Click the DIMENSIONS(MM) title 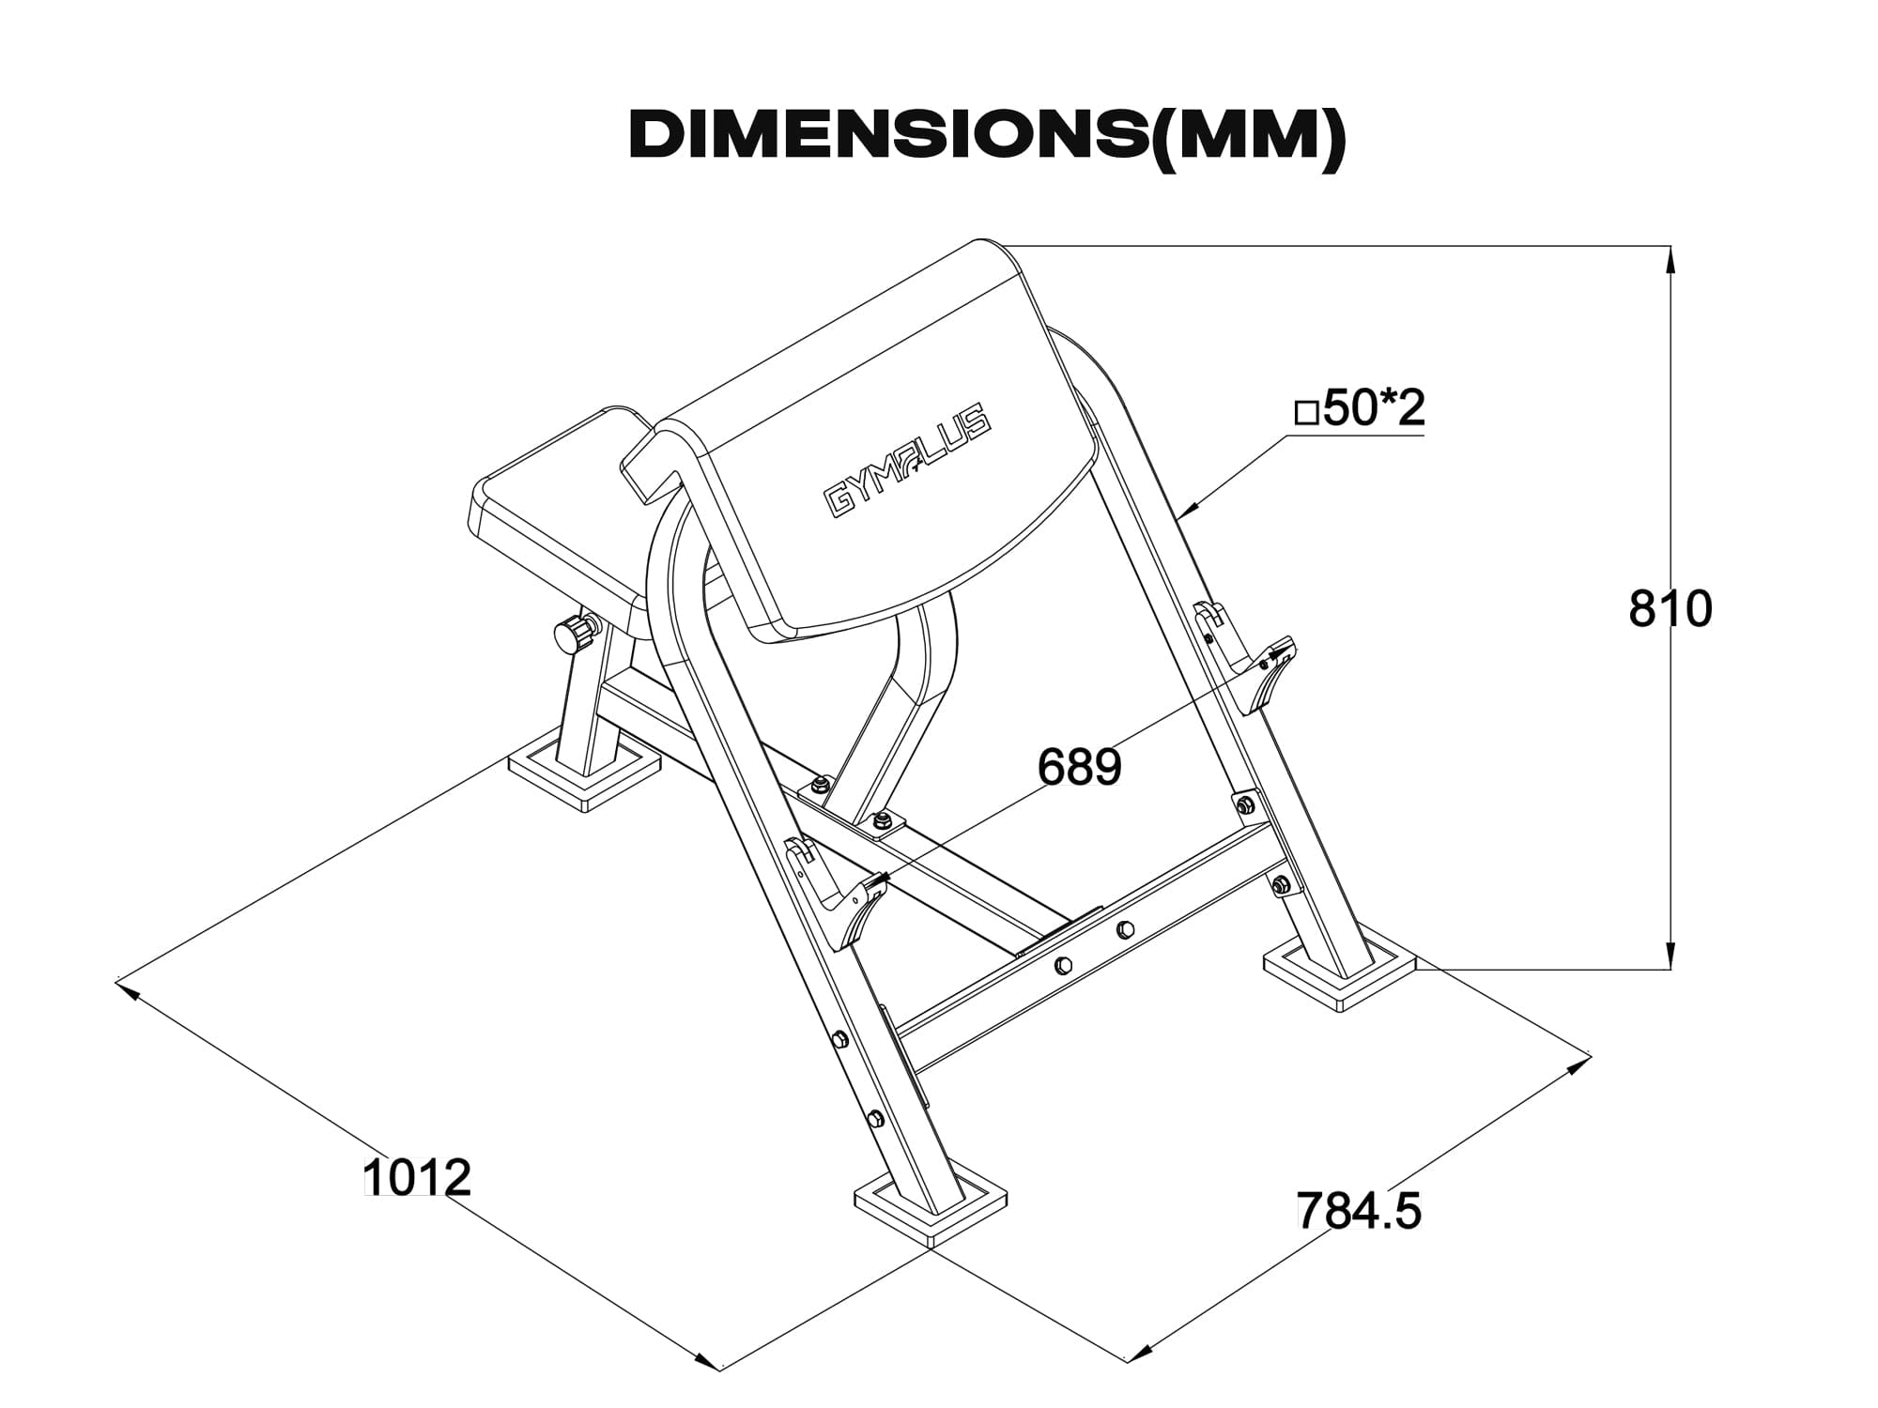pos(988,139)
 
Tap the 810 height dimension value pos(1670,609)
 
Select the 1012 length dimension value pos(416,1177)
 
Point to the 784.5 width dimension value pos(1359,1210)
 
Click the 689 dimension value pos(1080,767)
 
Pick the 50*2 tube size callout pos(1361,406)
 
